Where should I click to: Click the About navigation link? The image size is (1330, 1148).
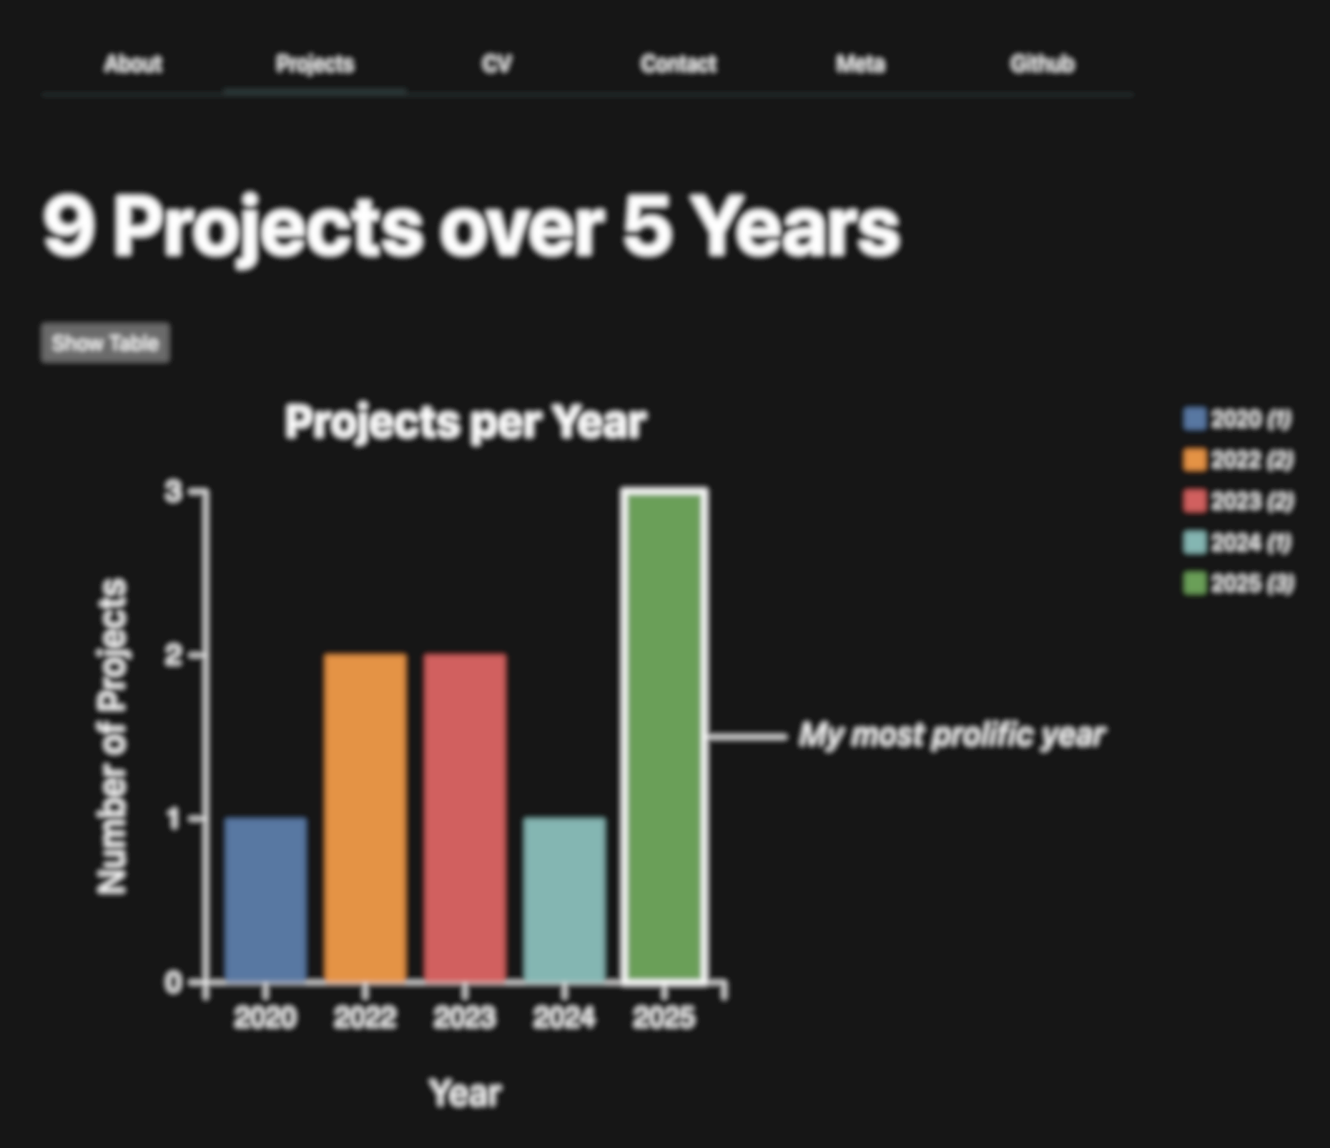pyautogui.click(x=133, y=64)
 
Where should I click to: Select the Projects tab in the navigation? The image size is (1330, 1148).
pyautogui.click(x=315, y=64)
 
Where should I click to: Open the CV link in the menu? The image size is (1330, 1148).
pyautogui.click(x=497, y=64)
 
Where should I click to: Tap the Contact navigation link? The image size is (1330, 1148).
pyautogui.click(x=679, y=64)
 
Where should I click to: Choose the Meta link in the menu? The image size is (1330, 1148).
pyautogui.click(x=861, y=64)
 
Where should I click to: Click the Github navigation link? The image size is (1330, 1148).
pyautogui.click(x=1043, y=64)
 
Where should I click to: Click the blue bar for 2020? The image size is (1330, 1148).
pyautogui.click(x=266, y=899)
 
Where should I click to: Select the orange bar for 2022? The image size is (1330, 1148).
pyautogui.click(x=365, y=816)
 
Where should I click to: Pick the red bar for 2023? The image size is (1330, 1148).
pyautogui.click(x=465, y=816)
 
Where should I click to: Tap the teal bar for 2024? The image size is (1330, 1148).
pyautogui.click(x=564, y=899)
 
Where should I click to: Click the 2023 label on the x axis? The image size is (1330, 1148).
pyautogui.click(x=465, y=1017)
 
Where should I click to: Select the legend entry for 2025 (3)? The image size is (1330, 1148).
pyautogui.click(x=1238, y=584)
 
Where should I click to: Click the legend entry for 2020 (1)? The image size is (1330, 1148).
pyautogui.click(x=1238, y=419)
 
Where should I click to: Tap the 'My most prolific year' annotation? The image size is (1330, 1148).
pyautogui.click(x=952, y=736)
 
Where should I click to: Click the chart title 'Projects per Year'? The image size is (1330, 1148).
pyautogui.click(x=465, y=422)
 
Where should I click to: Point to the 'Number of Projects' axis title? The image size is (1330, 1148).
pyautogui.click(x=112, y=736)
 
